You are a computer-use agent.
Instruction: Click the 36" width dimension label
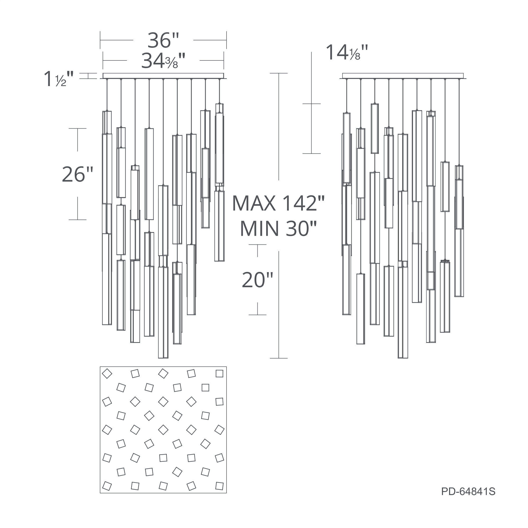coord(163,40)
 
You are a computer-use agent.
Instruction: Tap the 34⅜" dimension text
coord(163,60)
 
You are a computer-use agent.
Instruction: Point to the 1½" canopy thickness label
coord(59,79)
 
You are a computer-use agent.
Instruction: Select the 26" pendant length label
coord(78,174)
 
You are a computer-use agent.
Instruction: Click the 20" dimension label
coord(257,280)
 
